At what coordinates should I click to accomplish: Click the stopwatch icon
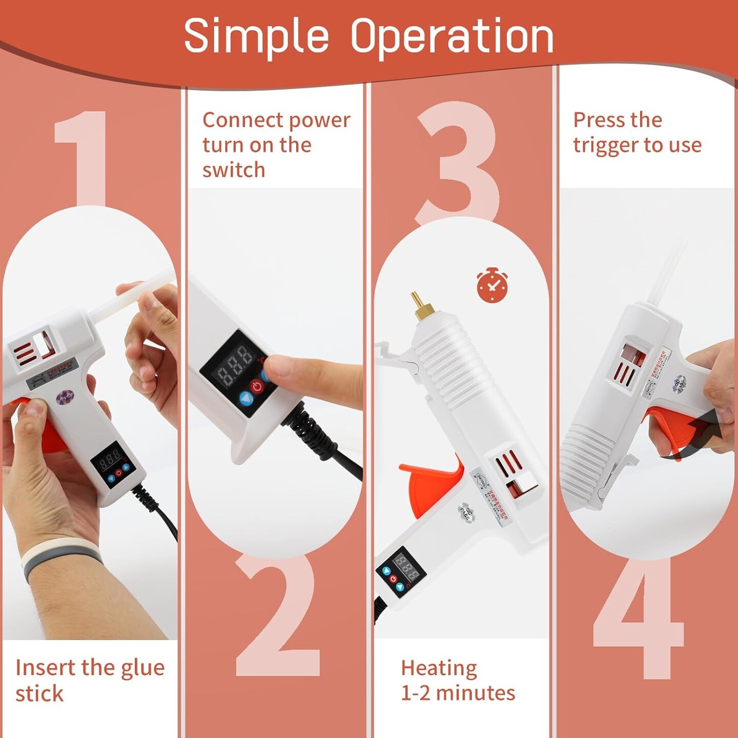click(x=492, y=285)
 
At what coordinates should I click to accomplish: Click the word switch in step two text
click(x=234, y=170)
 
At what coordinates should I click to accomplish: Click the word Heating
click(x=439, y=668)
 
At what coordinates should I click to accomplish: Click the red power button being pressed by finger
click(x=257, y=386)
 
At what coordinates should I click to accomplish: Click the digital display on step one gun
click(x=109, y=457)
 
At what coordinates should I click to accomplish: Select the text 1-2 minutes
click(x=458, y=693)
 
